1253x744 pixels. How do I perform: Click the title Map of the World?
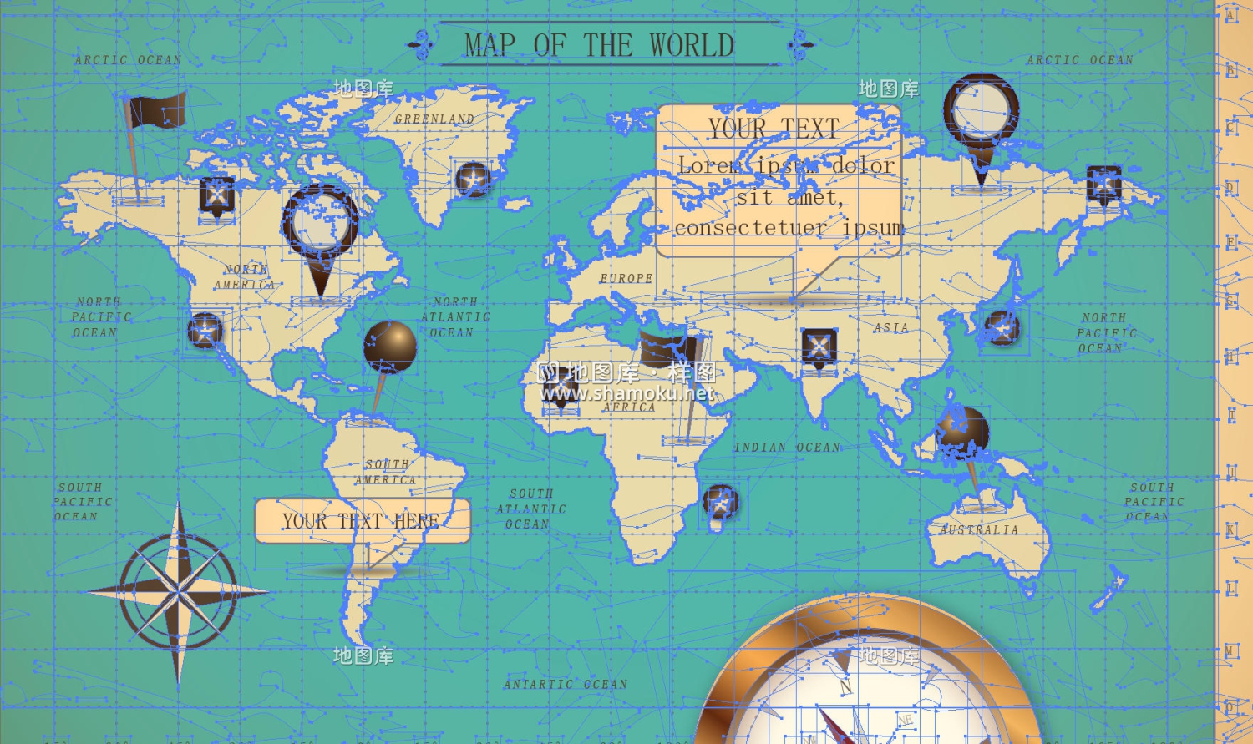[599, 45]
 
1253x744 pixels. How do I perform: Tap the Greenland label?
[434, 119]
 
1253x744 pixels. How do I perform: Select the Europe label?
[626, 278]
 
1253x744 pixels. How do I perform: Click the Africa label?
[629, 407]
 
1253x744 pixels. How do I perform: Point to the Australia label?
[978, 529]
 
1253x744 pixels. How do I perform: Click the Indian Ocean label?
[787, 448]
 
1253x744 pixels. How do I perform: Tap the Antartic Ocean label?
[565, 684]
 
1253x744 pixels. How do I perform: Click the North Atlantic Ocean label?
[454, 317]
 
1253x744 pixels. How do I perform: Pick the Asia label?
[890, 328]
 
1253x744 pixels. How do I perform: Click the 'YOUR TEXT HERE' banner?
[362, 521]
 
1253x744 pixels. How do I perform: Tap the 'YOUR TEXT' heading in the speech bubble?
[773, 129]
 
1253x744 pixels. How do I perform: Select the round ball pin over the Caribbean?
[389, 346]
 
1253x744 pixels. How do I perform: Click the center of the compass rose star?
[178, 591]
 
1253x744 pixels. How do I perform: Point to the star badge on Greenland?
[472, 179]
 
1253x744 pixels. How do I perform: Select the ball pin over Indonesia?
[962, 433]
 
